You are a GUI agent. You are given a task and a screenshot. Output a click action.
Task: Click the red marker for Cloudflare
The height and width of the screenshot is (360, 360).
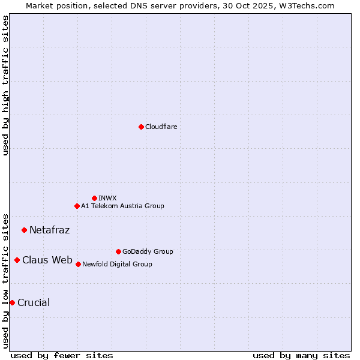141,127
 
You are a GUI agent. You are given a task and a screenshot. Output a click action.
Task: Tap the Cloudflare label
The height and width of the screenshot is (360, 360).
161,127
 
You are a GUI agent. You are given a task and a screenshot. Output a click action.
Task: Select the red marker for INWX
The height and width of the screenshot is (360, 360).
94,198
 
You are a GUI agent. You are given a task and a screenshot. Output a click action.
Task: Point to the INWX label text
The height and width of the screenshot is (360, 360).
107,198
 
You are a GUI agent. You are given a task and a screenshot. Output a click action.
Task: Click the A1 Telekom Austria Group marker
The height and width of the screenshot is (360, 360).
77,206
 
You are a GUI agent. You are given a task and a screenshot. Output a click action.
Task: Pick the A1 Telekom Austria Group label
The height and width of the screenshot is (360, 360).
122,206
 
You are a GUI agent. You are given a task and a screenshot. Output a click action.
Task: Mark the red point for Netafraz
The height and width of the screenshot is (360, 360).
24,230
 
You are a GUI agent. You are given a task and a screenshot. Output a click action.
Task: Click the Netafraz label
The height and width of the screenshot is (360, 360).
49,230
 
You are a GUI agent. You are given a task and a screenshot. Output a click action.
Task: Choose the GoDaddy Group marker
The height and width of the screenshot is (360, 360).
118,251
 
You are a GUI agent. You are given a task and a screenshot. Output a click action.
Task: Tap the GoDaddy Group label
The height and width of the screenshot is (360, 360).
147,251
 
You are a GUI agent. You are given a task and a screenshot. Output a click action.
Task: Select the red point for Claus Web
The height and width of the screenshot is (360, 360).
17,260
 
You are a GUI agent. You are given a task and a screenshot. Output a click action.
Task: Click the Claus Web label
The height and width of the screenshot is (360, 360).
47,260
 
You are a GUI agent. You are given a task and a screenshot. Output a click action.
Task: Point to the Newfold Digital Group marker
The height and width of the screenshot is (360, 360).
78,264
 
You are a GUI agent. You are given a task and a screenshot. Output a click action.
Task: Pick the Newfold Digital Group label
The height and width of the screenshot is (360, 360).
117,264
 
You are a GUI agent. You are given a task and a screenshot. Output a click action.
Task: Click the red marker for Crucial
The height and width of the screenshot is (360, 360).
12,302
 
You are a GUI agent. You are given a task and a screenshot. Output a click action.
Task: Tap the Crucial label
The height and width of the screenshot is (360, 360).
34,302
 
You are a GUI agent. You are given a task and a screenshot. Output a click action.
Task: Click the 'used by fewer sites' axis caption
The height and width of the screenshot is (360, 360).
62,355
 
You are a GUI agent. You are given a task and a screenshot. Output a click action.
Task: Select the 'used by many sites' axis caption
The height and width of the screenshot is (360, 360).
301,355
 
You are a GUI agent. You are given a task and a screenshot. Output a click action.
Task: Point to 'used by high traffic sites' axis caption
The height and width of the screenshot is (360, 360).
5,85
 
